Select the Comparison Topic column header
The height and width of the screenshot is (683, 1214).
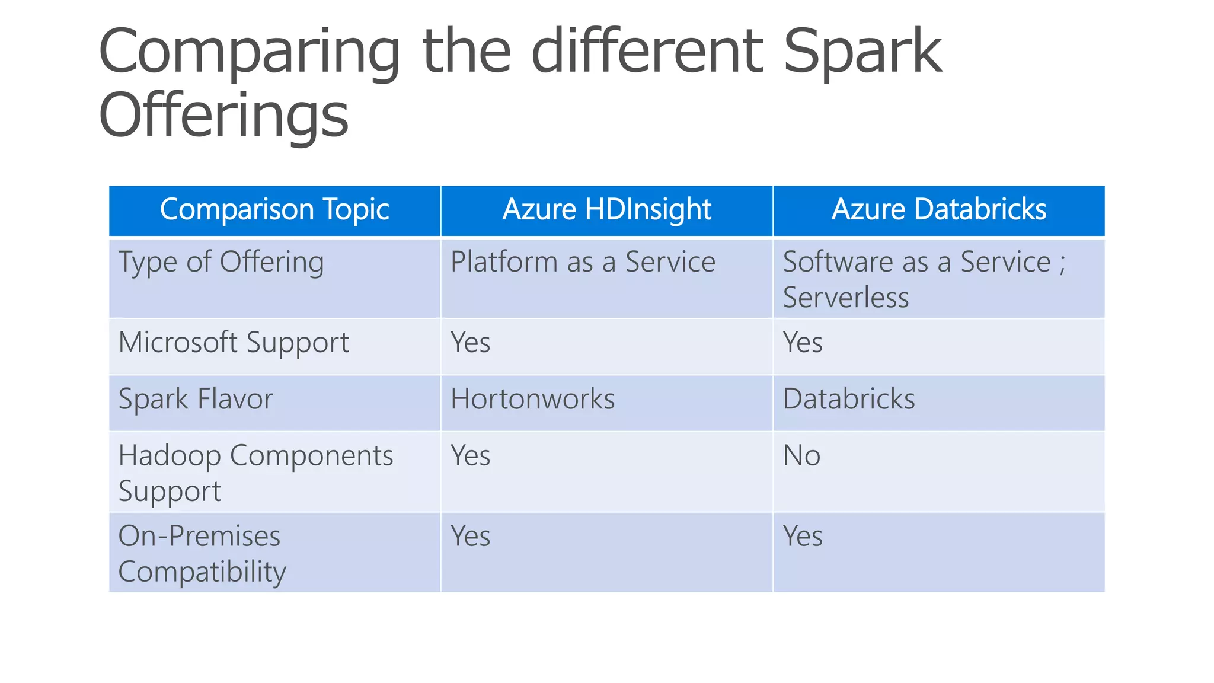pos(274,210)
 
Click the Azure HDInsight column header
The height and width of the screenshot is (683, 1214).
pos(606,210)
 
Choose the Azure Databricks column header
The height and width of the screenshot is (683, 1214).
pos(939,210)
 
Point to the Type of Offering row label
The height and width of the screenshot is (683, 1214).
pos(221,262)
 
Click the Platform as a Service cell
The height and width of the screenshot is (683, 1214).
pos(583,262)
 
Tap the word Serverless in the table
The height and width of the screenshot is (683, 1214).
pos(845,297)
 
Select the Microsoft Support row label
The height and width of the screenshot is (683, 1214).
pos(234,343)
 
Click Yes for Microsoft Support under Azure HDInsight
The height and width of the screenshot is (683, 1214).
pos(471,343)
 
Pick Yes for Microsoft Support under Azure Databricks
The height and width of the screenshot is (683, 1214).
pos(803,343)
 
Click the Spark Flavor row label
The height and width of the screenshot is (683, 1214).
pos(196,399)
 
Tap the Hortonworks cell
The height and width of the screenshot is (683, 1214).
pos(532,399)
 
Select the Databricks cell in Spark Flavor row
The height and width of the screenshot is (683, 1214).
pos(849,399)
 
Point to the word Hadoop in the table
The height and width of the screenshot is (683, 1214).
pos(170,456)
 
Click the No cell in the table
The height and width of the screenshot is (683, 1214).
pos(801,456)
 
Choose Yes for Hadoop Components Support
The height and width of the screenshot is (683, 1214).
pos(471,456)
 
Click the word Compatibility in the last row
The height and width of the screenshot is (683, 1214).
pos(202,572)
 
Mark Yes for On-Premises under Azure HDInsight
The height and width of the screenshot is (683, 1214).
pos(471,537)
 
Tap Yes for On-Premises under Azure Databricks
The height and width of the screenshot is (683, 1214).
pos(803,537)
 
